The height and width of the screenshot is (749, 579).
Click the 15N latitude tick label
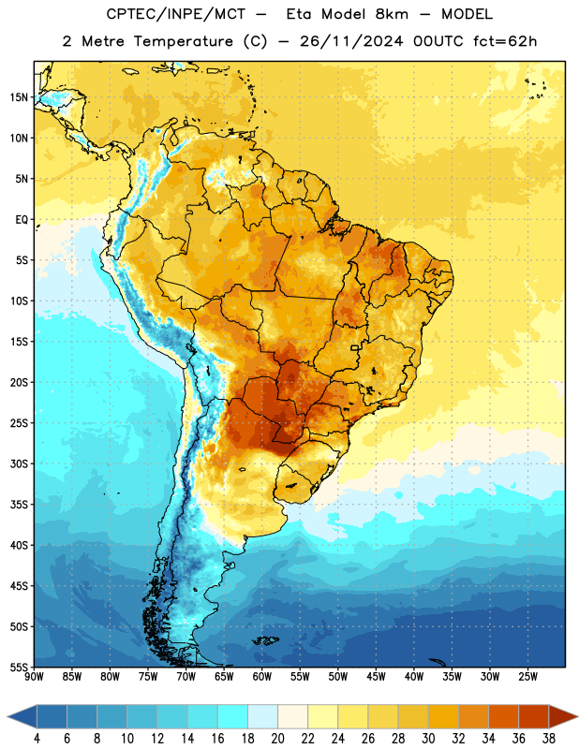pos(19,97)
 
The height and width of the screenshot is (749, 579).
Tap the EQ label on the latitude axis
pos(22,220)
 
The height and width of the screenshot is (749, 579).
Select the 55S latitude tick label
pos(19,667)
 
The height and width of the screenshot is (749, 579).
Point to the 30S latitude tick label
pos(19,463)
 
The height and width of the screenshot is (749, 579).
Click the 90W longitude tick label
pos(34,676)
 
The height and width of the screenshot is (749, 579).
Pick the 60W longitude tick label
pos(262,676)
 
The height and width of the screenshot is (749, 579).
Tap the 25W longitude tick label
pos(527,676)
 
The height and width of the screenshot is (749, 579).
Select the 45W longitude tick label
pos(376,676)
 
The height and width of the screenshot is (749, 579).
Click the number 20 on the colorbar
pos(277,739)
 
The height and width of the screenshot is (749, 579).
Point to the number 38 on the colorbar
pos(548,739)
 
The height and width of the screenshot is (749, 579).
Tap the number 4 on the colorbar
pos(37,739)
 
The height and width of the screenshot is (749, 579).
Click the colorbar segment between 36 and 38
pos(534,717)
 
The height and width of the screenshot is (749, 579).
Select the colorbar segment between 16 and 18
pos(233,717)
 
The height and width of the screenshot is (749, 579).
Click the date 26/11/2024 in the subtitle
pos(351,41)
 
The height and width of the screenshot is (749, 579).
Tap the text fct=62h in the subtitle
pos(505,41)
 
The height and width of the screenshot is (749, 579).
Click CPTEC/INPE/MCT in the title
pos(175,14)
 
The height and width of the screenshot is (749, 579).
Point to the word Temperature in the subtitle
pos(184,41)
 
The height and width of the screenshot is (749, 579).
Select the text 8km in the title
pos(392,14)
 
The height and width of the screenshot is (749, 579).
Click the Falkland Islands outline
pos(265,641)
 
